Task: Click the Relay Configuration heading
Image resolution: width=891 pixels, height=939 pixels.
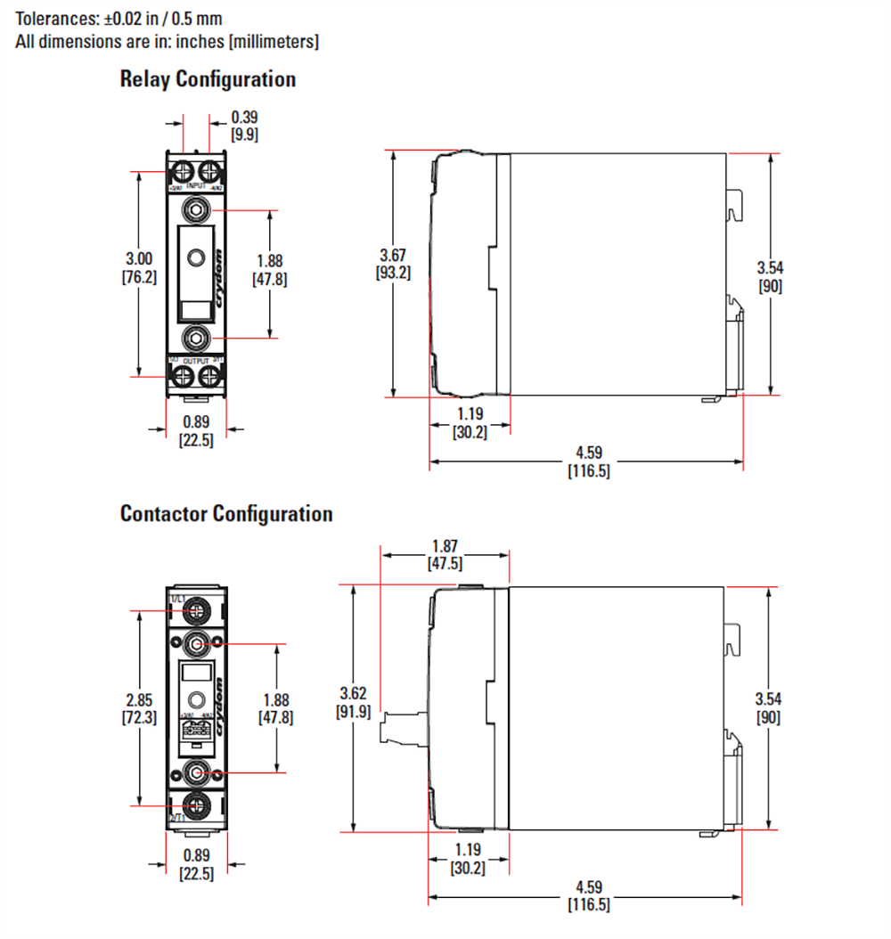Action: point(208,79)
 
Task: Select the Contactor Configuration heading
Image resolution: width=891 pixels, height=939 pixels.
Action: point(226,514)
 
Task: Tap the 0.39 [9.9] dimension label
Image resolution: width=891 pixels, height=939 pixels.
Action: point(245,126)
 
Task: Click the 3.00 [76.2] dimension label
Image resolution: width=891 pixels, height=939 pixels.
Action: point(139,267)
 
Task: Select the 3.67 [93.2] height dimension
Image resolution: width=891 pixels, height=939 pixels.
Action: point(393,265)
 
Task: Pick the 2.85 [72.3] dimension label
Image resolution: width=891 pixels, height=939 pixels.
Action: point(139,708)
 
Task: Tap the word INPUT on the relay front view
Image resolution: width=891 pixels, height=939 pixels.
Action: point(196,185)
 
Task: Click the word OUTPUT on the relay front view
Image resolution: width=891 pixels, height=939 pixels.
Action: point(196,361)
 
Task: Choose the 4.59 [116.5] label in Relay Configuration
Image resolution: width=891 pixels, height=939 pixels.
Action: point(588,462)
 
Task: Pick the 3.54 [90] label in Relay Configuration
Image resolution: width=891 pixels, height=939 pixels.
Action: point(771,276)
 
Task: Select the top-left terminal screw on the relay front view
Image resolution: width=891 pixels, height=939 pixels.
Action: point(183,170)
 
